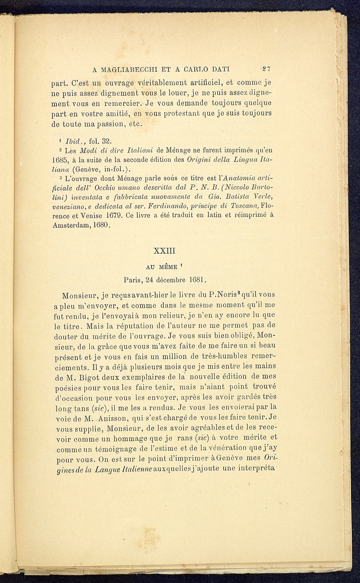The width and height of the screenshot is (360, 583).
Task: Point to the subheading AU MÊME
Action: [162, 267]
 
